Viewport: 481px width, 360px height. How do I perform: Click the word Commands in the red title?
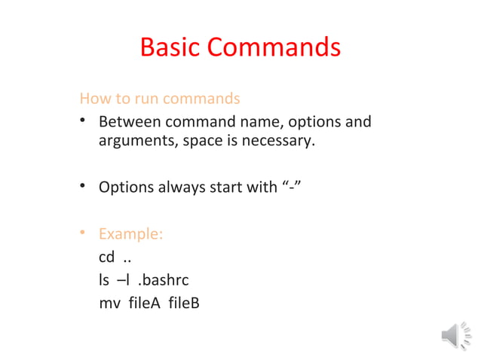pyautogui.click(x=274, y=47)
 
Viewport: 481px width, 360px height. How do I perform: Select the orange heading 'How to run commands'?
pyautogui.click(x=160, y=99)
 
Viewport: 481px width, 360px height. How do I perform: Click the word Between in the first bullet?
pyautogui.click(x=130, y=121)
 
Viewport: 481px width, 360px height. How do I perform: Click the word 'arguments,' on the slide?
pyautogui.click(x=136, y=140)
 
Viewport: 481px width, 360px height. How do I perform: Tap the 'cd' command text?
pyautogui.click(x=107, y=258)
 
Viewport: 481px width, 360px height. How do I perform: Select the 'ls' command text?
pyautogui.click(x=104, y=281)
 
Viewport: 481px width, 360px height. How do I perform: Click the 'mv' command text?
pyautogui.click(x=109, y=304)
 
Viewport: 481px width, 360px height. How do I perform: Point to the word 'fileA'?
pyautogui.click(x=146, y=304)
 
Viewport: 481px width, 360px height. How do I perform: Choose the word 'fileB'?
pyautogui.click(x=184, y=304)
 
